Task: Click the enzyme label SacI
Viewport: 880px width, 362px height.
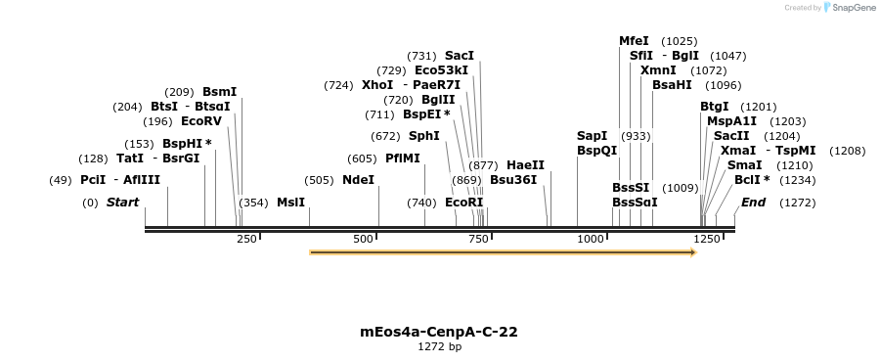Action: pos(459,56)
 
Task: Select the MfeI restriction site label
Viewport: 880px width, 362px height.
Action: pos(634,41)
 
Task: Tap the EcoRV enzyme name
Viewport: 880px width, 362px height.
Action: pos(201,121)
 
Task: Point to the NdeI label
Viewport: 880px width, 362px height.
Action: pos(358,180)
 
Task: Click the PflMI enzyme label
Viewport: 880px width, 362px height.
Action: pos(402,158)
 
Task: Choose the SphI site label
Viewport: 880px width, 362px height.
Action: pos(423,136)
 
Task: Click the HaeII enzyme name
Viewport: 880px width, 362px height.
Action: pos(525,165)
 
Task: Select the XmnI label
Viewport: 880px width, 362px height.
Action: pos(657,70)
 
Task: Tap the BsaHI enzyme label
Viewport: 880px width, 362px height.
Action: pos(672,85)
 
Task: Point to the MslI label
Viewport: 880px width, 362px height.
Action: pos(290,203)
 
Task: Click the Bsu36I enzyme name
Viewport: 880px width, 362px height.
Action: pos(513,180)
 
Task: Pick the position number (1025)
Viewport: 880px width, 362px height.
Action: pos(680,41)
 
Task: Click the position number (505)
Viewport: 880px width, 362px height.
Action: pos(319,180)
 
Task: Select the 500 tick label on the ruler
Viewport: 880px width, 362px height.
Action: pos(364,239)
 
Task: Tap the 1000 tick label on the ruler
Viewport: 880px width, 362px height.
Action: pos(591,239)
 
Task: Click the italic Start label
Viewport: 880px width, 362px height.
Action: pos(122,203)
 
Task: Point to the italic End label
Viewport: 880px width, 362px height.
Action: pos(753,203)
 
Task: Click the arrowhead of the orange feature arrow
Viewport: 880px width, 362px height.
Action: pos(692,252)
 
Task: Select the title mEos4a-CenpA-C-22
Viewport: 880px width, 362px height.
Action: pos(439,332)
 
